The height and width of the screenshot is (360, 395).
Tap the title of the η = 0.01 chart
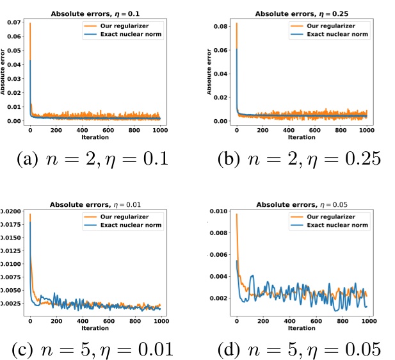[94, 205]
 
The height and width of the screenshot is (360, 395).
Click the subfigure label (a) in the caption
[30, 158]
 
